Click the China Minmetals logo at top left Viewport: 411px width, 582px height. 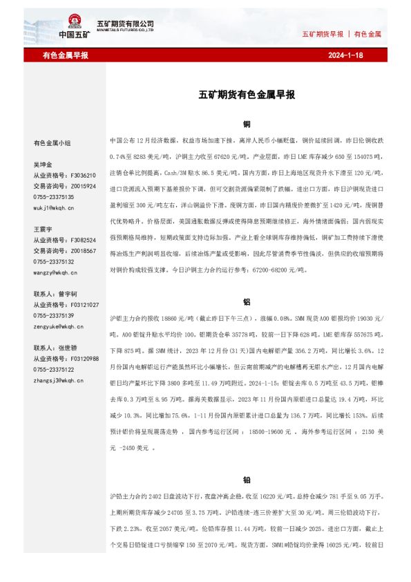tap(75, 27)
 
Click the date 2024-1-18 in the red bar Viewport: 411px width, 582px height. tap(345, 55)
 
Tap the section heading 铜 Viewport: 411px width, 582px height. tap(247, 124)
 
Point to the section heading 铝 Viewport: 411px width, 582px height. tap(247, 302)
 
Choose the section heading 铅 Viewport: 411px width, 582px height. tap(247, 480)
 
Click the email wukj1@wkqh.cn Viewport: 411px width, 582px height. tap(54, 207)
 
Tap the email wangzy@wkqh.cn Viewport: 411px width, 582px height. tap(55, 272)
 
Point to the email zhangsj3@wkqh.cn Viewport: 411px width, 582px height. tap(57, 380)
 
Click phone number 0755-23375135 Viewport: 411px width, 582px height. tap(54, 197)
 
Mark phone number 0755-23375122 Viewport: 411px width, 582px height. tap(54, 370)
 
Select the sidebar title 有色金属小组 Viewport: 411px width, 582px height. tap(52, 143)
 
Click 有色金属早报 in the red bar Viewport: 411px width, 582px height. tap(65, 55)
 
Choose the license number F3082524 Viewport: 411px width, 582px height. tap(82, 240)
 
